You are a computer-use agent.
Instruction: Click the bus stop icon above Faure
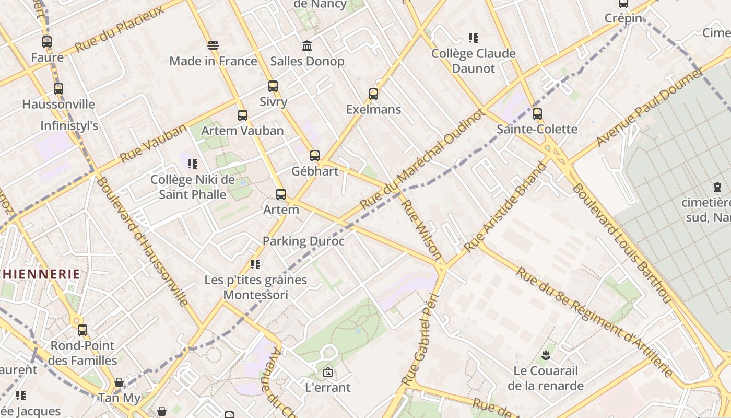pyautogui.click(x=47, y=42)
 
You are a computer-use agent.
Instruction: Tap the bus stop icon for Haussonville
pyautogui.click(x=58, y=89)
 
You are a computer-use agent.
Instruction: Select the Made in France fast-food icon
pyautogui.click(x=213, y=45)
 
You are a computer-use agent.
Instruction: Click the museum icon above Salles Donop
pyautogui.click(x=307, y=46)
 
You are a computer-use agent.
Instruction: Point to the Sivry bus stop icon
pyautogui.click(x=273, y=86)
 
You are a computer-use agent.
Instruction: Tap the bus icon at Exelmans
pyautogui.click(x=373, y=94)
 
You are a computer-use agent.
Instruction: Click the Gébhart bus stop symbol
pyautogui.click(x=314, y=155)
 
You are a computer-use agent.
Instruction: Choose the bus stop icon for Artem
pyautogui.click(x=281, y=194)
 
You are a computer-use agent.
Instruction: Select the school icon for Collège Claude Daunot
pyautogui.click(x=474, y=38)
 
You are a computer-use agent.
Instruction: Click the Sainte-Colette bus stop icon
pyautogui.click(x=537, y=113)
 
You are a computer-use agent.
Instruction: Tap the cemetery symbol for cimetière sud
pyautogui.click(x=717, y=187)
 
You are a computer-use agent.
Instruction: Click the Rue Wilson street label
pyautogui.click(x=422, y=229)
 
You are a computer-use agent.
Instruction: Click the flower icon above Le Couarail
pyautogui.click(x=546, y=356)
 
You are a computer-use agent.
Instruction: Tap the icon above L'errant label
pyautogui.click(x=328, y=372)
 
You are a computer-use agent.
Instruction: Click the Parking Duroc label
pyautogui.click(x=303, y=241)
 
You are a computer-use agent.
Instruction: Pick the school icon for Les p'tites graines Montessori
pyautogui.click(x=255, y=264)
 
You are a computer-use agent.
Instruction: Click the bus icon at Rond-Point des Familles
pyautogui.click(x=82, y=330)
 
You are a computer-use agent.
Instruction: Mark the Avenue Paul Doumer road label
pyautogui.click(x=650, y=108)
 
